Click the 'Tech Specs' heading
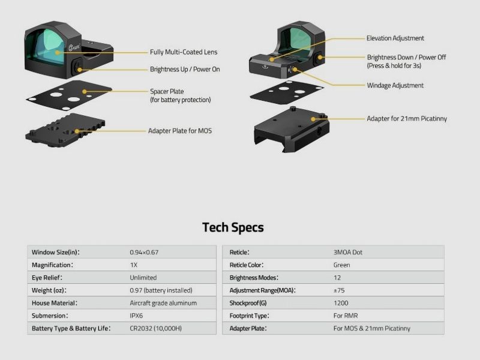click(x=233, y=227)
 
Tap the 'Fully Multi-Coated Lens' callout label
click(x=184, y=52)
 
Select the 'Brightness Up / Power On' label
click(x=185, y=69)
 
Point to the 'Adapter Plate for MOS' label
click(x=180, y=131)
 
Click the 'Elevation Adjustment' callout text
click(x=395, y=38)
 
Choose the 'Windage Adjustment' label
click(x=395, y=85)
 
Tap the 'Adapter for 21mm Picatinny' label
click(x=407, y=118)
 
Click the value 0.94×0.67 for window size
click(x=144, y=252)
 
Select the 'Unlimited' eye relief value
click(x=143, y=278)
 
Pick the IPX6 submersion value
click(x=136, y=316)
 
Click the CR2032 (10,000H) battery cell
click(x=155, y=328)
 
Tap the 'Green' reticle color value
click(x=341, y=265)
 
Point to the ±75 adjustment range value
click(x=339, y=290)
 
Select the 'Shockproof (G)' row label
click(x=248, y=303)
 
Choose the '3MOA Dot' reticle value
click(x=348, y=252)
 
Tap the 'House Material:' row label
click(x=55, y=303)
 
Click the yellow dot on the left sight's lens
click(x=57, y=53)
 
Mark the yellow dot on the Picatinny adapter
click(x=313, y=119)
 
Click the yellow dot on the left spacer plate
click(x=85, y=91)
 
